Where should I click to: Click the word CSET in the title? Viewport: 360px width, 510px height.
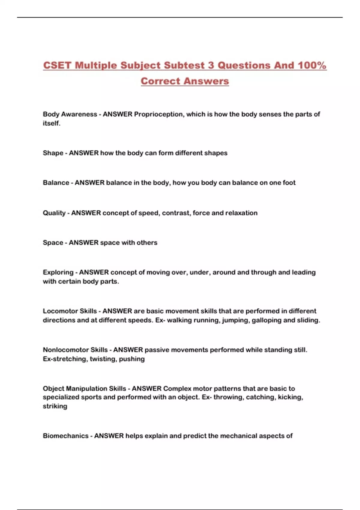[57, 65]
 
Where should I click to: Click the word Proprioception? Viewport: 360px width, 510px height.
[158, 114]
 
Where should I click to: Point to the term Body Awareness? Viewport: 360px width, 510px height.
[70, 114]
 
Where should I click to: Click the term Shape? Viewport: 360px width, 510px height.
[53, 153]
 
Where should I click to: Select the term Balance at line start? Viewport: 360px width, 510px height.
[56, 183]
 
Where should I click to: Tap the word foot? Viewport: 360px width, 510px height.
[289, 183]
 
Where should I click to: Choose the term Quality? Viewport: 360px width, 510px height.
[54, 213]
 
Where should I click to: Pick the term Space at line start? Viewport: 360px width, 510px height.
[53, 243]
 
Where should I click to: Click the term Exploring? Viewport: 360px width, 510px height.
[58, 272]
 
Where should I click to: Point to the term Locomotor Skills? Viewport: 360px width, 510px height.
[70, 311]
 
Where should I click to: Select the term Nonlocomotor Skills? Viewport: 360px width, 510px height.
[75, 350]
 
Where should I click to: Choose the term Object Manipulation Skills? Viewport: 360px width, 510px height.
[84, 388]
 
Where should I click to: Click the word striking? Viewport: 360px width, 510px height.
[55, 406]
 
